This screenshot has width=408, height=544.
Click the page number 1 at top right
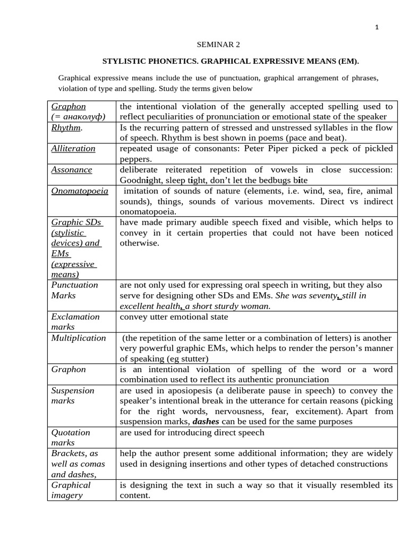(x=377, y=28)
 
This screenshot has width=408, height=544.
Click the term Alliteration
(x=73, y=149)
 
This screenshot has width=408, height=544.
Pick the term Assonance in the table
(x=71, y=169)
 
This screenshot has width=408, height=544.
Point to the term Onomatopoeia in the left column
(x=79, y=191)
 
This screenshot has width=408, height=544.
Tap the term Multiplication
(x=78, y=338)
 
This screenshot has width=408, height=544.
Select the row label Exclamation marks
(x=75, y=322)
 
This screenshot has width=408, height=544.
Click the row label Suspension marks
(x=72, y=395)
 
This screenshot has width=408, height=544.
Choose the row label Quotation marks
(x=71, y=437)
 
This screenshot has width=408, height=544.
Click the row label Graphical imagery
(x=71, y=490)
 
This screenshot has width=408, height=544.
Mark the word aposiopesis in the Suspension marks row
(x=192, y=390)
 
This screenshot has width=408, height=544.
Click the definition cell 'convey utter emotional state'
(x=174, y=317)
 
